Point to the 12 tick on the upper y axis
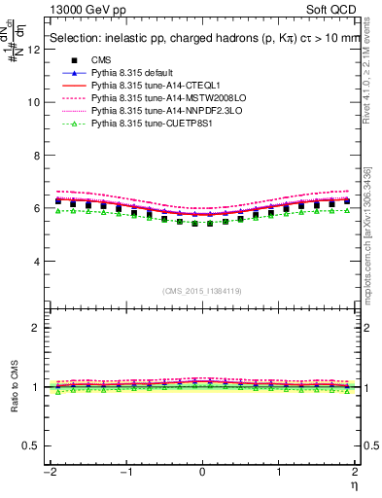tap(38, 48)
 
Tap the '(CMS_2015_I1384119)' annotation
tap(201, 291)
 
